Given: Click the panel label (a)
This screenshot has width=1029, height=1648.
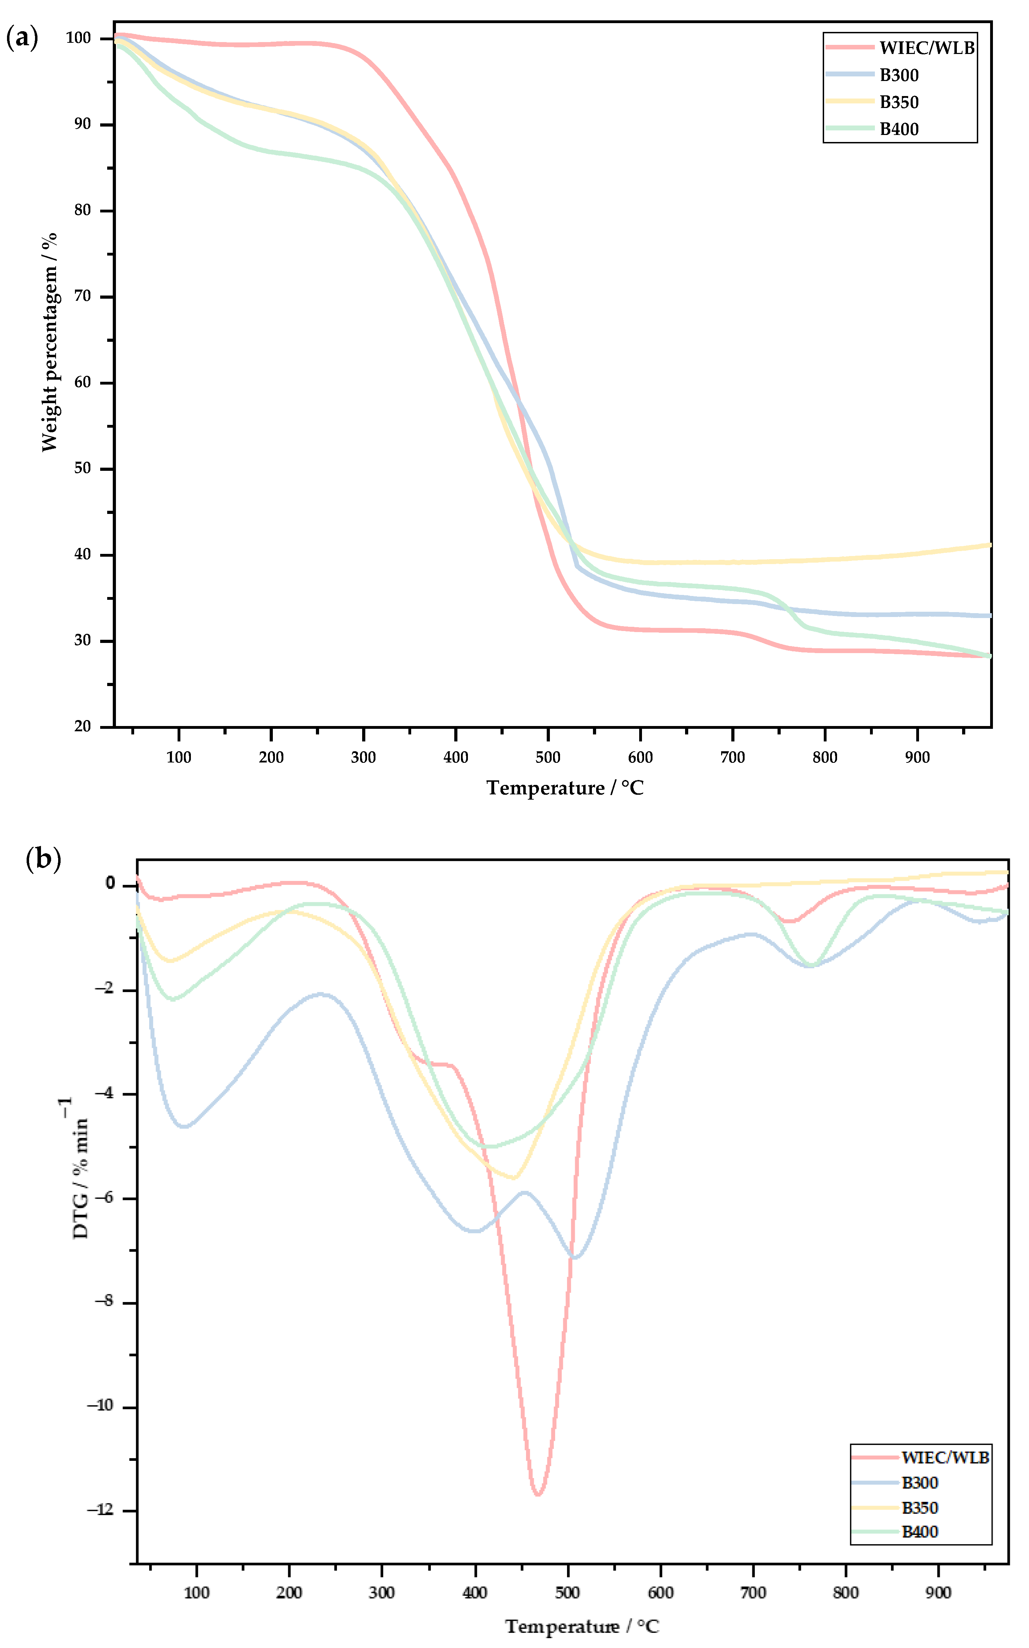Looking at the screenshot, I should [22, 38].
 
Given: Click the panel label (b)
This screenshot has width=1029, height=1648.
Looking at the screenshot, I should [43, 860].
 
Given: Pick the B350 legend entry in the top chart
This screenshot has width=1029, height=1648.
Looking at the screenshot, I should [898, 102].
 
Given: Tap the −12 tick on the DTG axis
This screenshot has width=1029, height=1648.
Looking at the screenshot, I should [101, 1510].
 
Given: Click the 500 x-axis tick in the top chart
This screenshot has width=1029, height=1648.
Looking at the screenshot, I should [548, 757].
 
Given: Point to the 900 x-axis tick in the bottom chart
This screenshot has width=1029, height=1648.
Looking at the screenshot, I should [939, 1593].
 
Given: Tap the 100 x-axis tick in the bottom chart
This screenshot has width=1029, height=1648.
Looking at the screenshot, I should [197, 1593].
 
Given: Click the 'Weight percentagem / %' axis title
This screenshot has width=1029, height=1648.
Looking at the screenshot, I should [49, 342].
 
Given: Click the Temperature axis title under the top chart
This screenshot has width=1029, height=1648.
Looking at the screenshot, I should [565, 788].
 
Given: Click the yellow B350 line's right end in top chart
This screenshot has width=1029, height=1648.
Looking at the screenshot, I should [989, 545].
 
